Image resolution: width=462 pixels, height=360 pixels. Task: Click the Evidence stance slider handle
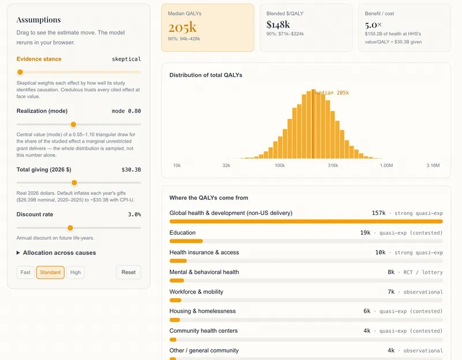tap(20, 72)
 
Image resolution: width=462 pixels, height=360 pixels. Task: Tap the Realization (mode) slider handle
tap(73, 124)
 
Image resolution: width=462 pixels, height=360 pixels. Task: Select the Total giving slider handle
tap(74, 183)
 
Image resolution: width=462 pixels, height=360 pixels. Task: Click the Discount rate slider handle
tap(70, 228)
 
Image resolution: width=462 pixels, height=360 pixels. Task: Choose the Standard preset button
tap(50, 272)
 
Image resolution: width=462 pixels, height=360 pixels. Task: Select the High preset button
tap(76, 272)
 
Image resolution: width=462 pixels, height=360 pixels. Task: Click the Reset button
tap(128, 272)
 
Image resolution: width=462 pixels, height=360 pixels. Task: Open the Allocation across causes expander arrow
tap(18, 253)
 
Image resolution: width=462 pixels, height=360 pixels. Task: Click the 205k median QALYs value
tap(182, 27)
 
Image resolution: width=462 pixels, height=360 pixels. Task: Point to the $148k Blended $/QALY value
tap(278, 24)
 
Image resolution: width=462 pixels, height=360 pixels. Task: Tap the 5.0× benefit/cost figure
tap(373, 25)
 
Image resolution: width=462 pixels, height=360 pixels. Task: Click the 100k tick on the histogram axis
tap(280, 165)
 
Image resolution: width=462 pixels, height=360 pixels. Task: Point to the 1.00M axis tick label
tap(386, 165)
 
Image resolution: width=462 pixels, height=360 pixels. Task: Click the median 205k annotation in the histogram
tap(332, 92)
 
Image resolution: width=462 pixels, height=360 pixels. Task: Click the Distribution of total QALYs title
tap(206, 75)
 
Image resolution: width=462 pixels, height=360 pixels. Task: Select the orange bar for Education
tap(186, 241)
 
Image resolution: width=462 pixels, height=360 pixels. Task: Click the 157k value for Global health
tap(379, 213)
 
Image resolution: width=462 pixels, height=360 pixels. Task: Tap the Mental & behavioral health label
tap(204, 272)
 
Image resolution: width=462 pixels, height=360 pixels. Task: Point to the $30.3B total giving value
tap(131, 169)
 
